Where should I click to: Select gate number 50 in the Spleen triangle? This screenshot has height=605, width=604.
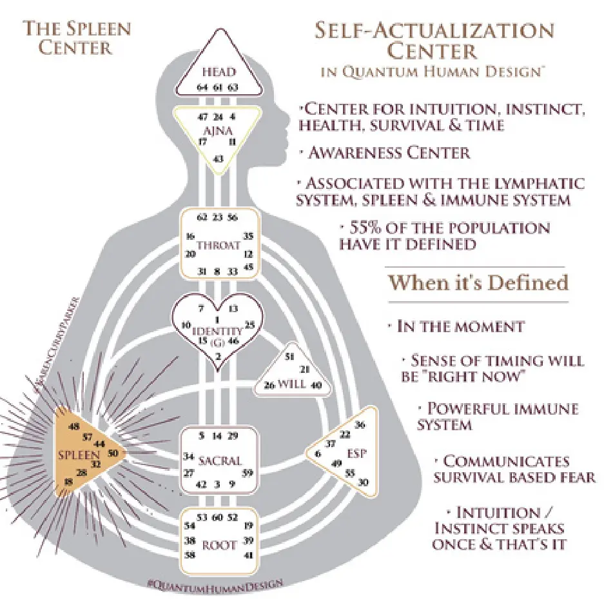pos(113,453)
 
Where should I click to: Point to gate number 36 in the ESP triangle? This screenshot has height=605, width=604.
pos(360,424)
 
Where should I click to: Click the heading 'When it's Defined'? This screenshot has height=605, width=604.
pos(478,283)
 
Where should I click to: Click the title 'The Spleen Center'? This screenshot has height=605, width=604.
pos(77,37)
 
